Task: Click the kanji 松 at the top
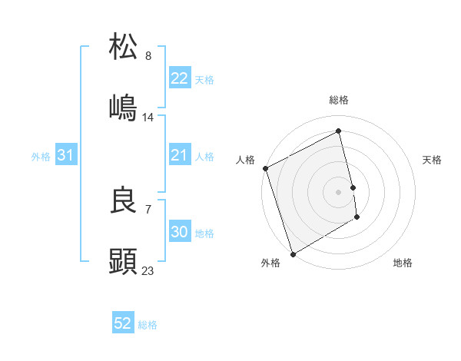pyautogui.click(x=124, y=46)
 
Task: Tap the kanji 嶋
pyautogui.click(x=124, y=107)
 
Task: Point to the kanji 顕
pyautogui.click(x=124, y=261)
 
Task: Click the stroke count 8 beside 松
pyautogui.click(x=148, y=55)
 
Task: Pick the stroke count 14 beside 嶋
pyautogui.click(x=148, y=117)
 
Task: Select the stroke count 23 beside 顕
pyautogui.click(x=148, y=270)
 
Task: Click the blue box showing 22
pyautogui.click(x=179, y=78)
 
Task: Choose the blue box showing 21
pyautogui.click(x=179, y=155)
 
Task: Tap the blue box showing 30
pyautogui.click(x=179, y=232)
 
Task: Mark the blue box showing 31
pyautogui.click(x=65, y=155)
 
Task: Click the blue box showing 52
pyautogui.click(x=123, y=323)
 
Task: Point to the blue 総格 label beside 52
pyautogui.click(x=148, y=325)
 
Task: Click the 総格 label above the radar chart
pyautogui.click(x=339, y=100)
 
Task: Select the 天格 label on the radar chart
pyautogui.click(x=433, y=160)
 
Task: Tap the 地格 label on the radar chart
pyautogui.click(x=403, y=263)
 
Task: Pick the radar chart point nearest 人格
pyautogui.click(x=265, y=168)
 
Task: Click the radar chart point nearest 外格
pyautogui.click(x=292, y=253)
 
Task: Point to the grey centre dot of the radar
pyautogui.click(x=339, y=191)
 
